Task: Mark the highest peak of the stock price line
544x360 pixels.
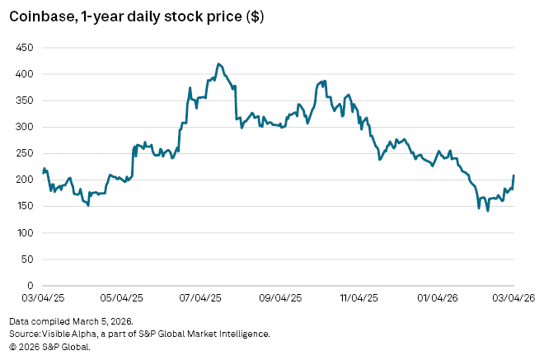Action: (218, 63)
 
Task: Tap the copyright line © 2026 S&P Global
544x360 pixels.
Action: (49, 347)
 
